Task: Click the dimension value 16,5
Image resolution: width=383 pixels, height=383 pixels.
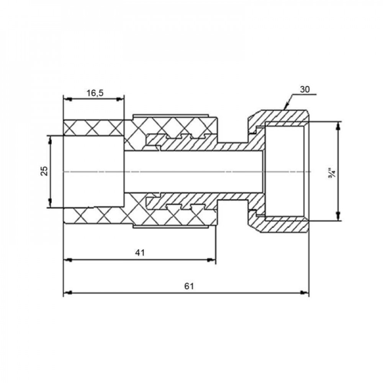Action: pos(95,93)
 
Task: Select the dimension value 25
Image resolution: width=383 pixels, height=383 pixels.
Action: pos(44,171)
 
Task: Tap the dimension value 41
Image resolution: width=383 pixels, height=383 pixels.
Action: pos(140,252)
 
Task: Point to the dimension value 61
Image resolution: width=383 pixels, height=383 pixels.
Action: pos(189,286)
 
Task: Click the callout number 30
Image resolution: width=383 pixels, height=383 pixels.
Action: pos(304,90)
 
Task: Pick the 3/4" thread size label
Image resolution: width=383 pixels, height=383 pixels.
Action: pos(332,172)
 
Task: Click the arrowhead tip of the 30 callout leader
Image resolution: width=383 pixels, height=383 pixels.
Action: pos(284,109)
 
